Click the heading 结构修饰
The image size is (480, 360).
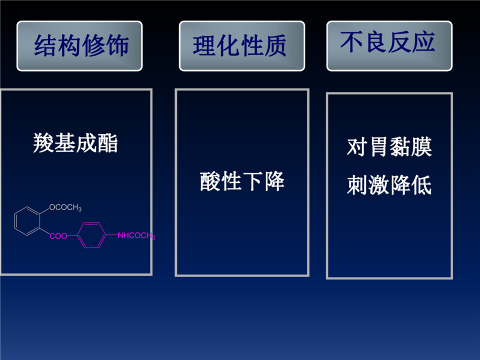(81, 45)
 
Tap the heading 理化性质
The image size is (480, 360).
(239, 46)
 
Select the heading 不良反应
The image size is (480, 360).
(387, 42)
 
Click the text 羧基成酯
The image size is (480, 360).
(75, 143)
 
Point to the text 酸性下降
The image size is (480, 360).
(242, 181)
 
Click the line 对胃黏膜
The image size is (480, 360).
(389, 147)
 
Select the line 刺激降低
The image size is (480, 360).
(389, 185)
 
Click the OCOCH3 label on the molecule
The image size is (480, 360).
(65, 207)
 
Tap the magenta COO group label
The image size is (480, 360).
(58, 236)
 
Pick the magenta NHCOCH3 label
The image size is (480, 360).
(136, 235)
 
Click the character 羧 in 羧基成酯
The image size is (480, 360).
(43, 143)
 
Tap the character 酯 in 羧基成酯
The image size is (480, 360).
(107, 143)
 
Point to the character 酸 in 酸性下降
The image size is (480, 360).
(210, 181)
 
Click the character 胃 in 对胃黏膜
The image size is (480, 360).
(378, 147)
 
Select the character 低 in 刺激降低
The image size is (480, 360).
(421, 185)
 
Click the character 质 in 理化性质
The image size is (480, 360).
(275, 46)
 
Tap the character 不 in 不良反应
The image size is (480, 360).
(351, 42)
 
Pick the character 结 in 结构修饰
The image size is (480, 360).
(45, 45)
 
